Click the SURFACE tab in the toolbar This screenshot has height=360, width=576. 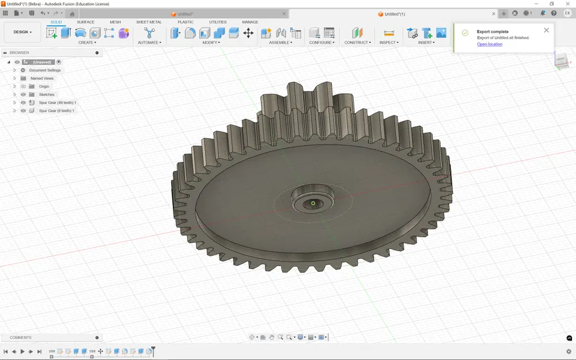point(85,22)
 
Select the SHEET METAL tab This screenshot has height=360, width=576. point(149,22)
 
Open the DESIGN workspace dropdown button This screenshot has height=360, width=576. point(22,32)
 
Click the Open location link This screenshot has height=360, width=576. point(490,44)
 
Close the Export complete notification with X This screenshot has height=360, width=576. point(546,30)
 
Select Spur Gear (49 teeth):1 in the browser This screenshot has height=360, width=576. point(57,103)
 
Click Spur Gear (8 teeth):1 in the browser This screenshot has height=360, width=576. point(56,111)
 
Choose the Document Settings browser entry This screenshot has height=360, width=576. point(45,70)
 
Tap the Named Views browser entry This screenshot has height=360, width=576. point(42,78)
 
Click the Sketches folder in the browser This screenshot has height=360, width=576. point(47,94)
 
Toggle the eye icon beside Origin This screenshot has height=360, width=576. point(24,86)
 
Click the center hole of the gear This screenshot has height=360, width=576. point(313,203)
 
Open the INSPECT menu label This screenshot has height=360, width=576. point(389,43)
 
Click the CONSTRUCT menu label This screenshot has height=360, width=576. point(357,43)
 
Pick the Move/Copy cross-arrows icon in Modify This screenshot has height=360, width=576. point(248,33)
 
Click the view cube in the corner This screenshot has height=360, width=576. point(561,60)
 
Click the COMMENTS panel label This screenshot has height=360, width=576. point(21,338)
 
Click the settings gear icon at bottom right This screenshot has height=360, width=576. point(569,351)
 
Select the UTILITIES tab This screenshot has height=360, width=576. point(218,22)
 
